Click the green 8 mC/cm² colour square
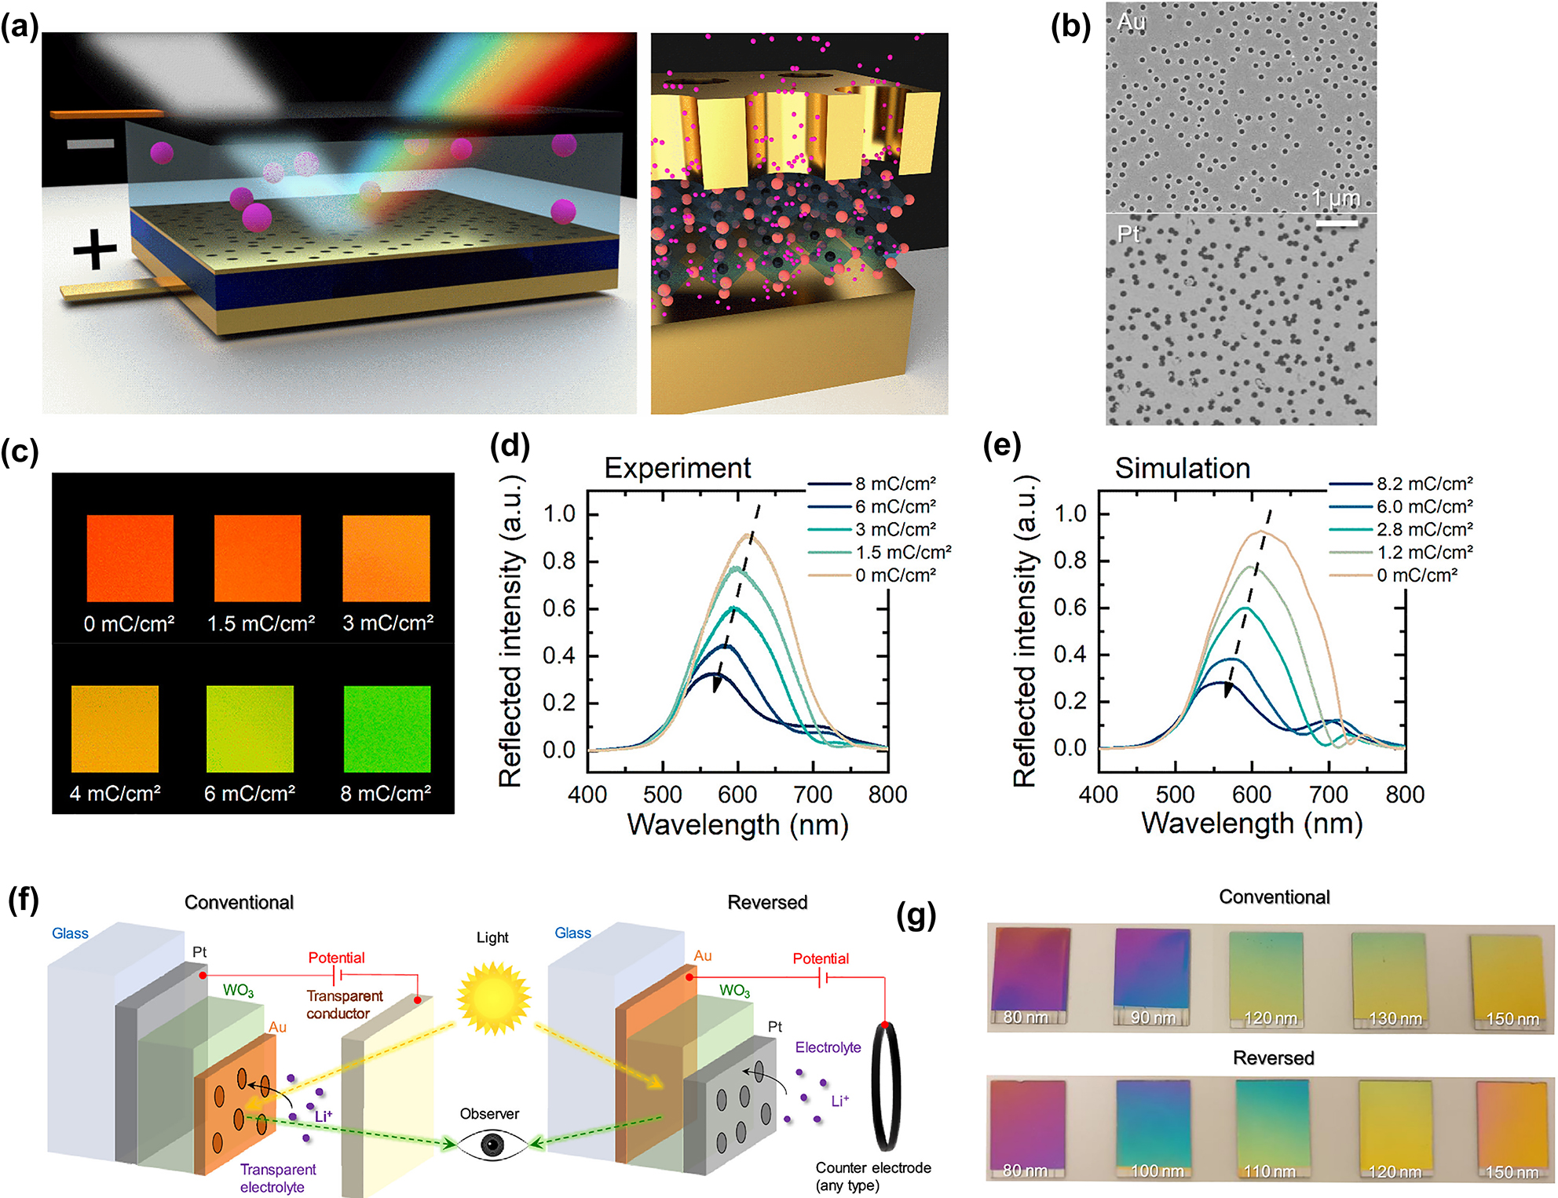[x=387, y=729]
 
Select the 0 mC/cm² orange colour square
[x=130, y=558]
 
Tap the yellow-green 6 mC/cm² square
[x=250, y=729]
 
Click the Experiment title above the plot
[x=677, y=468]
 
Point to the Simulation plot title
[x=1182, y=468]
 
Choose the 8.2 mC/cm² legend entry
[x=1424, y=484]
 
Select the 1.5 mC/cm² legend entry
[x=902, y=552]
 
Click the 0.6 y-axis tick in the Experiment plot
[x=559, y=608]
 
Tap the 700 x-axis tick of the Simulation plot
[x=1329, y=794]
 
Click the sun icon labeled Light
[x=493, y=997]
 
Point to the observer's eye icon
[x=492, y=1145]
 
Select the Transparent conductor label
[x=344, y=1004]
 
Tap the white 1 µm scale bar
[x=1337, y=223]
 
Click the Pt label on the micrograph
[x=1128, y=233]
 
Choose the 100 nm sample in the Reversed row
[x=1153, y=1127]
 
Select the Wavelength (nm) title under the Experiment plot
[x=737, y=825]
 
